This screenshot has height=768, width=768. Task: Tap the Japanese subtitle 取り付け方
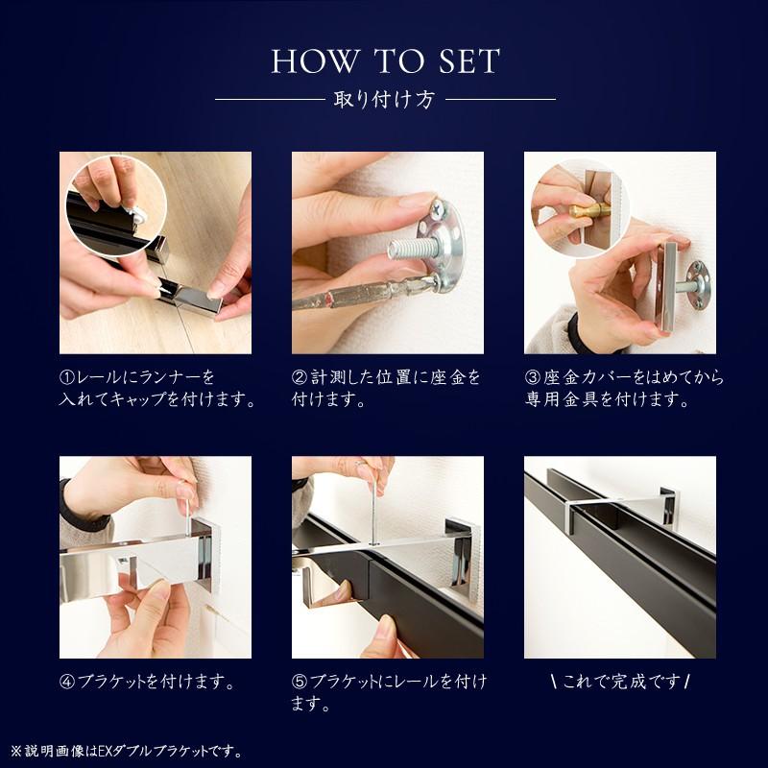coord(384,99)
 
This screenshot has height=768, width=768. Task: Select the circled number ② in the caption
coord(300,377)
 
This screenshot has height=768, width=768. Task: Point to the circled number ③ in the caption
coord(532,377)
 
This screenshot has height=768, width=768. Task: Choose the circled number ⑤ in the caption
coord(300,683)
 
